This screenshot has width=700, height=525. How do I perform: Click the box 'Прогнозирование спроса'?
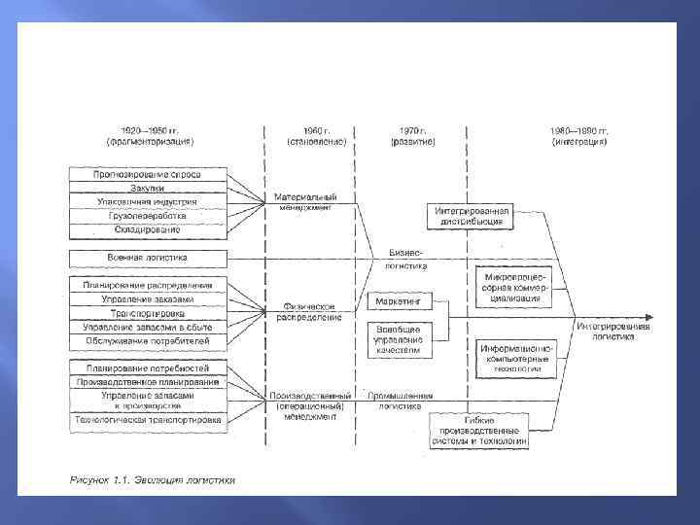(147, 175)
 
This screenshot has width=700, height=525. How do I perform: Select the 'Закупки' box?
(147, 189)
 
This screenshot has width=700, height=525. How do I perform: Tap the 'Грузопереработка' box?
(147, 216)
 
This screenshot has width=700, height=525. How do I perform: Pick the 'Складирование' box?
(147, 230)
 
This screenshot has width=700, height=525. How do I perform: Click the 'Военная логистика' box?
(147, 259)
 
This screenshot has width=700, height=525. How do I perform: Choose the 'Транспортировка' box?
(147, 314)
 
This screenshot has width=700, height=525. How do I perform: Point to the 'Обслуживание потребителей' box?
(147, 340)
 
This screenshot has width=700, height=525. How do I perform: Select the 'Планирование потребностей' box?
(147, 368)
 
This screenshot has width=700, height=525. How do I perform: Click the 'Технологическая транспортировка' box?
(147, 422)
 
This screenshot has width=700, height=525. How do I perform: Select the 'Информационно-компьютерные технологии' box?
(515, 358)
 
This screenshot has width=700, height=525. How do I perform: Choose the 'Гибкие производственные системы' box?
(480, 430)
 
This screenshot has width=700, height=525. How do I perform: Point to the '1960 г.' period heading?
(310, 135)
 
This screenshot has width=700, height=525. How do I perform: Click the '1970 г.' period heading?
(412, 135)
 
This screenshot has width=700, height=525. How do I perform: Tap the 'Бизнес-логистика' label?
(406, 259)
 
